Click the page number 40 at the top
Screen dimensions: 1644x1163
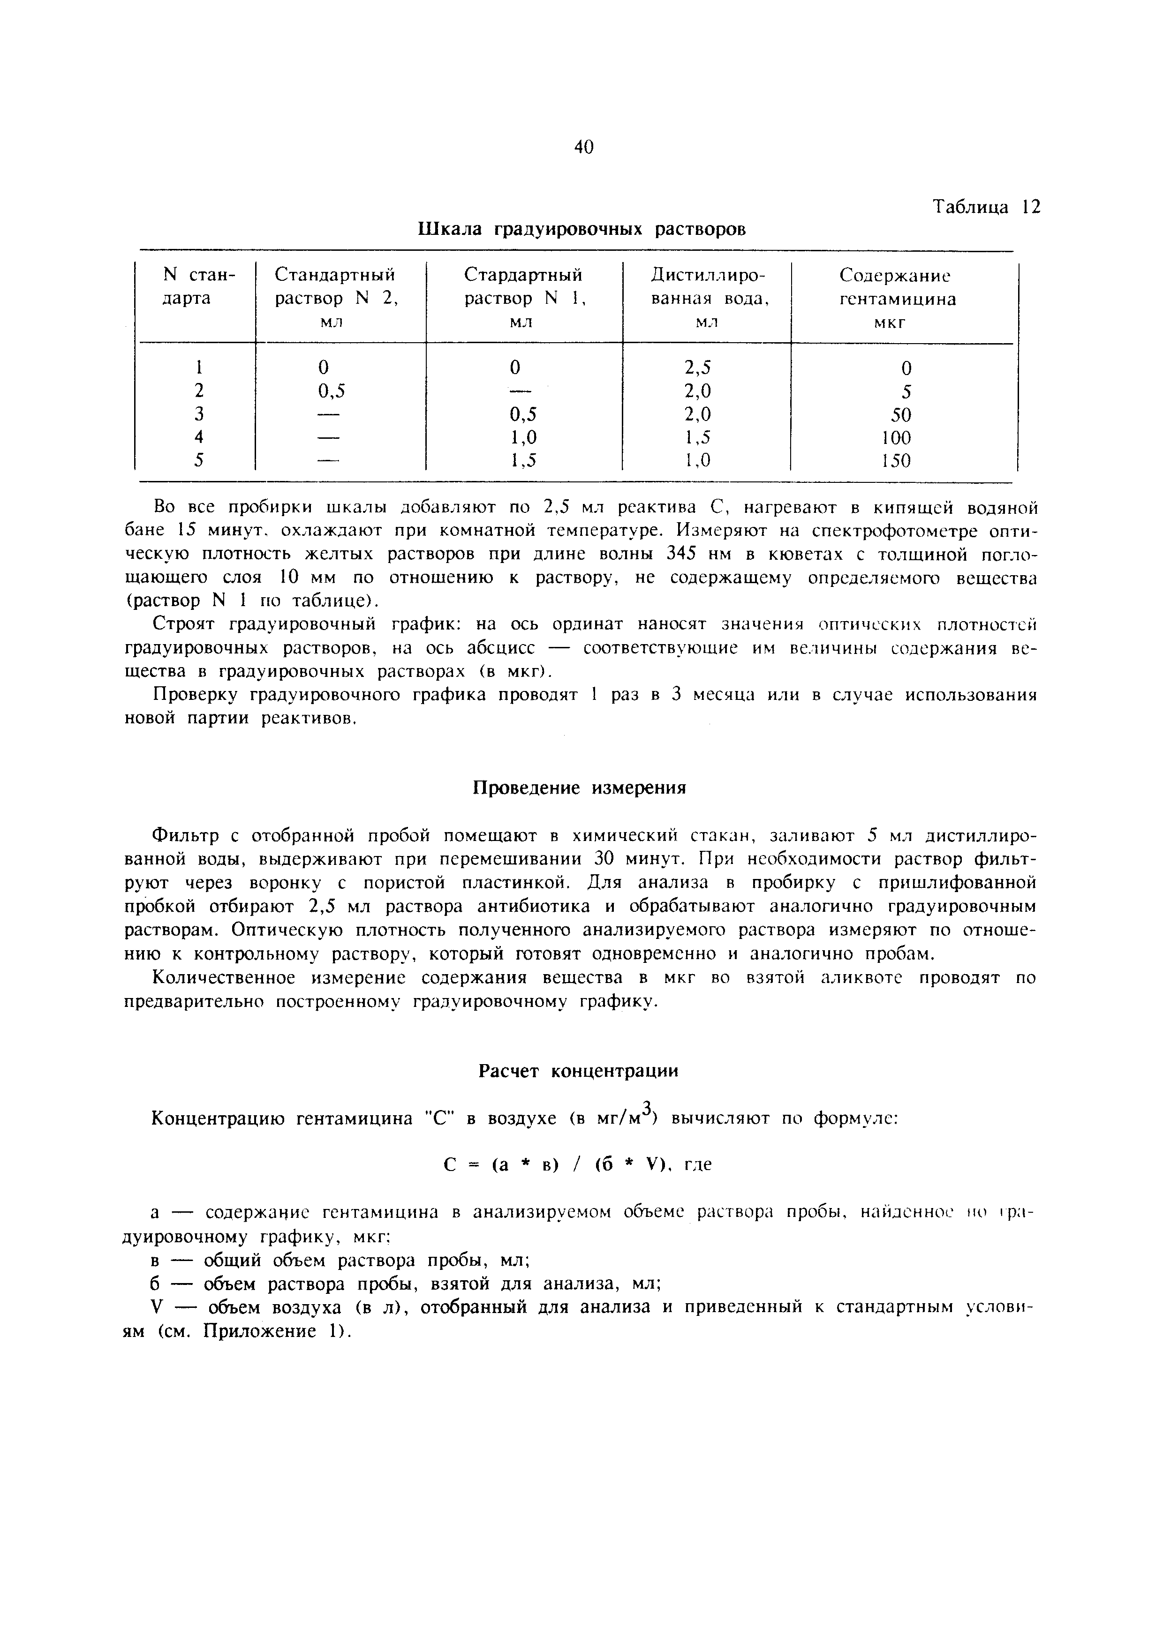click(584, 148)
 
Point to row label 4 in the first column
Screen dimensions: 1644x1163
click(199, 437)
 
